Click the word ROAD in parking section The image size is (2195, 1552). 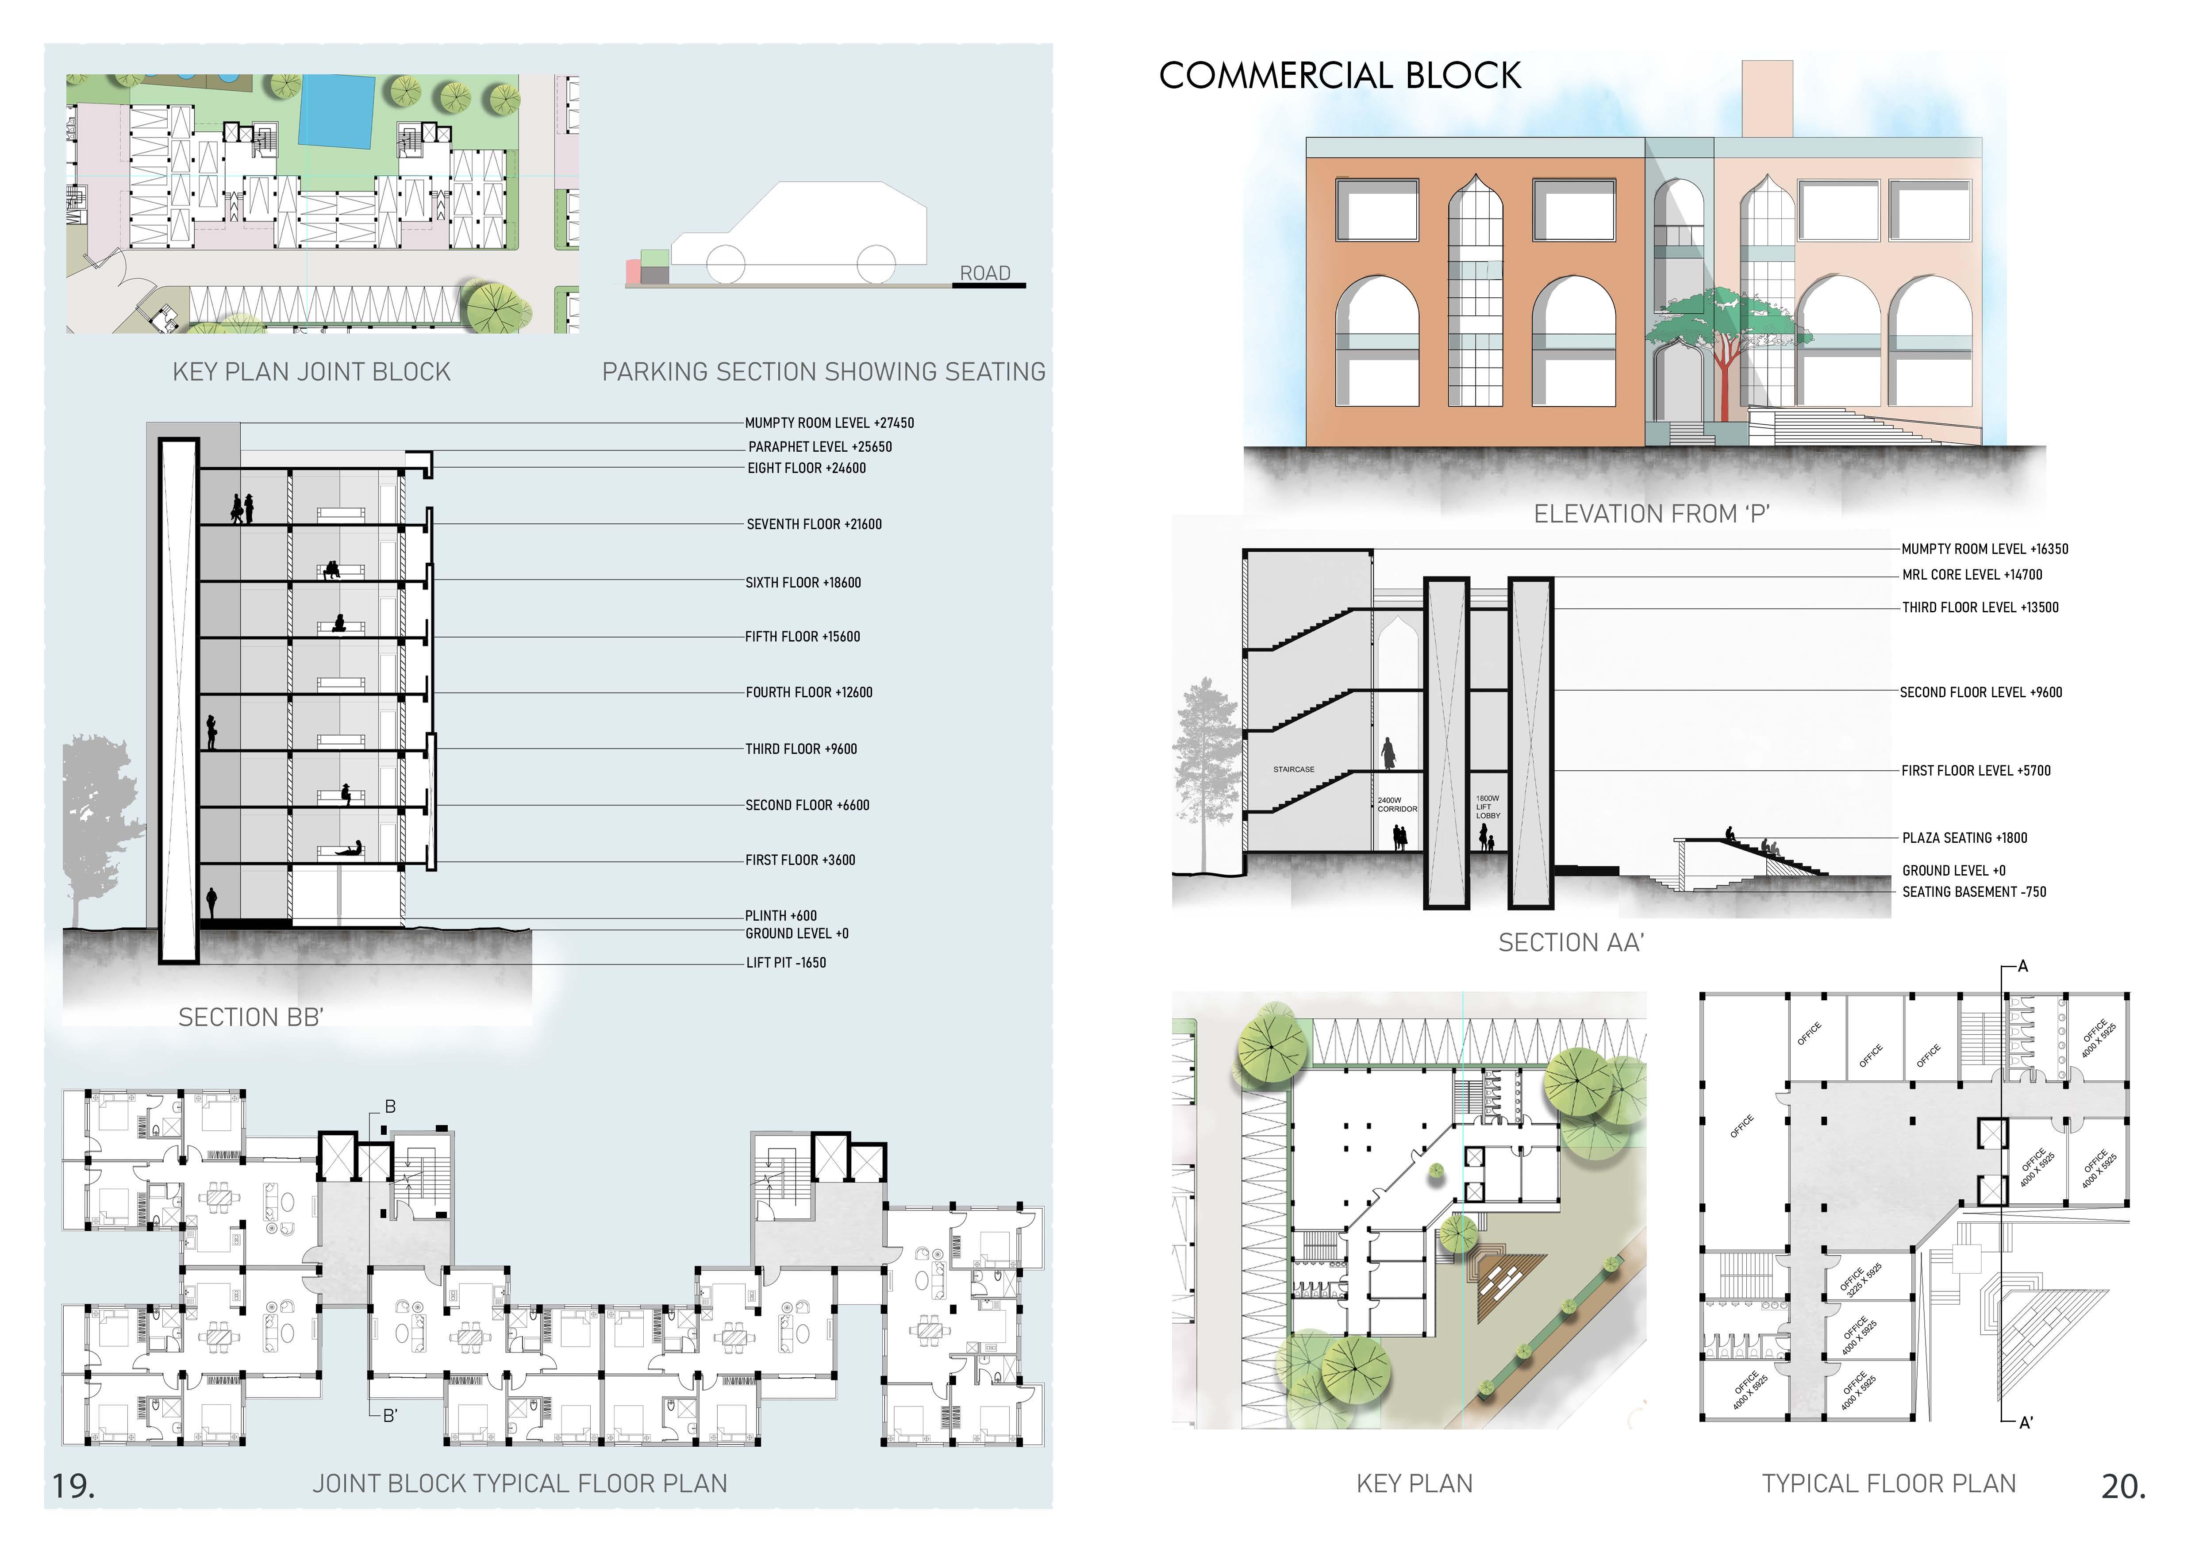point(985,273)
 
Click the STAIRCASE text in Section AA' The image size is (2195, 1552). point(1293,769)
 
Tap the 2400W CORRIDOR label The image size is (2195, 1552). point(1397,805)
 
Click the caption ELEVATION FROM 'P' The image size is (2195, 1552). point(1651,514)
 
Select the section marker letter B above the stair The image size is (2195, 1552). point(390,1106)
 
